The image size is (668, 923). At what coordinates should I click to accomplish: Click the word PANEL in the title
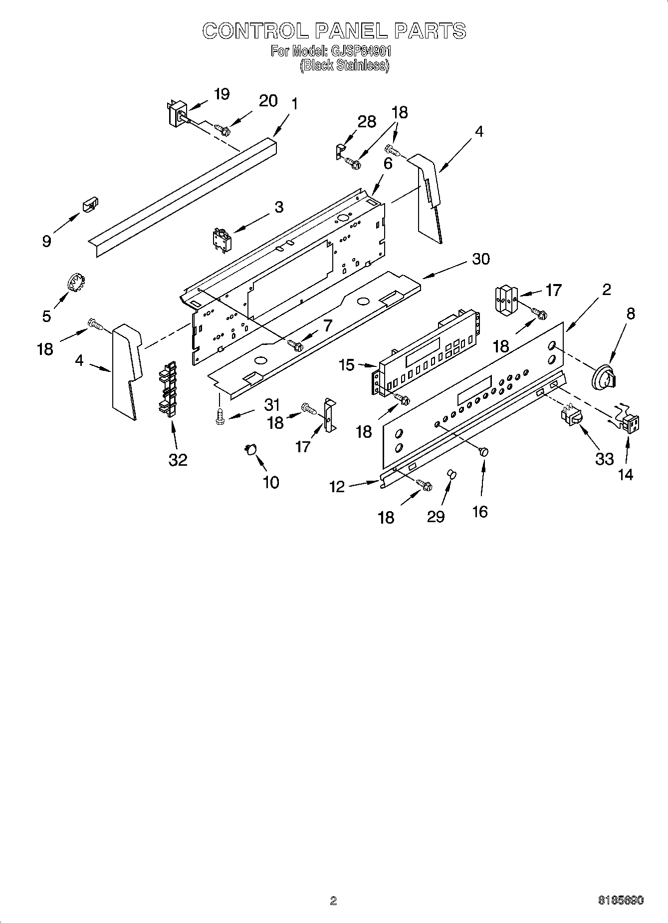coord(351,31)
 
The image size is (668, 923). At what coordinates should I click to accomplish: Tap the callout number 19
coord(222,94)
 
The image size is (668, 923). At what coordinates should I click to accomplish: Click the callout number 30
coord(481,259)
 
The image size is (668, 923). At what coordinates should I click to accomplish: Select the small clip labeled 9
coord(90,204)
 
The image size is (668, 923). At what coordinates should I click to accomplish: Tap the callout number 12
coord(337,487)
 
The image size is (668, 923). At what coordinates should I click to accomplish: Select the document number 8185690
coord(621,900)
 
